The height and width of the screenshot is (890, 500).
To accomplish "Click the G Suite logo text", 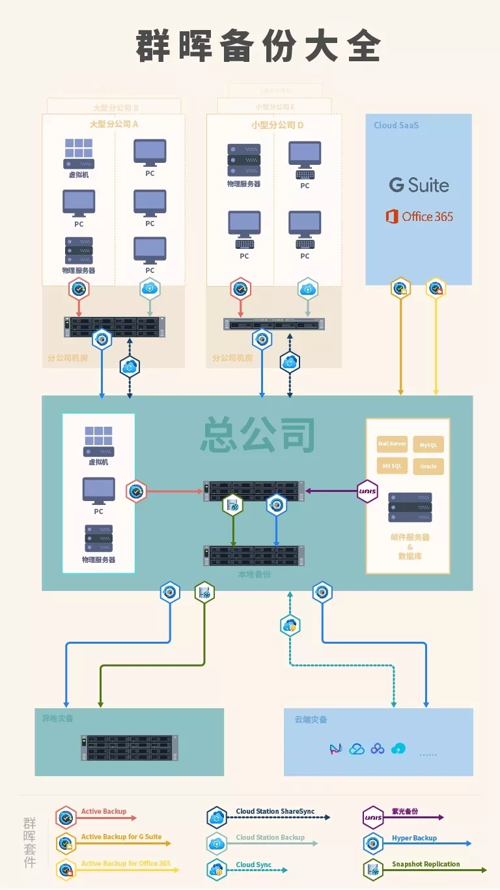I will (x=419, y=185).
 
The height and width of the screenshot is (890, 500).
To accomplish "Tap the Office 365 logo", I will (x=419, y=216).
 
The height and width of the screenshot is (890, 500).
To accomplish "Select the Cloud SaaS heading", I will (x=396, y=125).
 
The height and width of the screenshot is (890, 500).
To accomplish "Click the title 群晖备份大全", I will (x=258, y=46).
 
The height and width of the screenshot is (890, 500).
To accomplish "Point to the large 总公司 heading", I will (x=258, y=435).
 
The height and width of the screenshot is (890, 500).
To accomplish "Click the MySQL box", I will (x=428, y=445).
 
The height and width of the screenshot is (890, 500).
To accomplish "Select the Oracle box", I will (x=428, y=467).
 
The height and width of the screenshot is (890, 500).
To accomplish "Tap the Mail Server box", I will (x=392, y=444).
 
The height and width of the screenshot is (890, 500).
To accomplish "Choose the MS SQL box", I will (x=392, y=466).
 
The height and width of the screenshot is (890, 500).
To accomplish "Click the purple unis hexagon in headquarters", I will (x=368, y=491).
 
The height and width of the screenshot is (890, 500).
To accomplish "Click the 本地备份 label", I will (x=253, y=575).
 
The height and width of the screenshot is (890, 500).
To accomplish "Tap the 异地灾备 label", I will (x=53, y=718).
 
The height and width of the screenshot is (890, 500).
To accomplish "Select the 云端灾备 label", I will (x=311, y=719).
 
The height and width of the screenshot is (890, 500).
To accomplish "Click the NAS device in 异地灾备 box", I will (x=128, y=747).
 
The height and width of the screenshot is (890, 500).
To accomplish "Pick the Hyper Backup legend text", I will (x=414, y=838).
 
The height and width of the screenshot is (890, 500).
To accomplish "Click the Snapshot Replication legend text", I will (x=426, y=864).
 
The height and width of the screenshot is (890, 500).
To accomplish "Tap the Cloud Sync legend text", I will (x=254, y=865).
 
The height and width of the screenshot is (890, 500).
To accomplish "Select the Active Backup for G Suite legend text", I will (x=121, y=837).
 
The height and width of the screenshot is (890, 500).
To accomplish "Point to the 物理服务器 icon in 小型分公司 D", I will (x=243, y=160).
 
